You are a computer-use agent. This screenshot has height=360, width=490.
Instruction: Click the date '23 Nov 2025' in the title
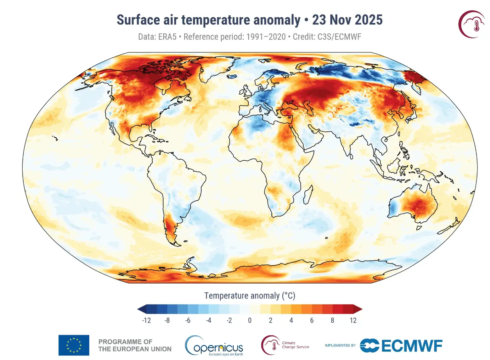pos(347,20)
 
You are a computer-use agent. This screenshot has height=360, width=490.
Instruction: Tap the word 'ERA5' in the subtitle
pos(167,37)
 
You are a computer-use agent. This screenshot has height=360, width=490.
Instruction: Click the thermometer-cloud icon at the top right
pos(471,24)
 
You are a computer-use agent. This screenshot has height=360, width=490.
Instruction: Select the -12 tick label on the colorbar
pos(146,320)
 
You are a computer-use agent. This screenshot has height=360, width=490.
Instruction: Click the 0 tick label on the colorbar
pos(250,320)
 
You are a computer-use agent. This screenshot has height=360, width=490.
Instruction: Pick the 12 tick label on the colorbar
pos(353,320)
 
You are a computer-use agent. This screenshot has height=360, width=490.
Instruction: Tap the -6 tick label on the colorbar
pos(188,320)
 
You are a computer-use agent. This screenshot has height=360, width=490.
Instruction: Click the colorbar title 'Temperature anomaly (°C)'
pos(250,296)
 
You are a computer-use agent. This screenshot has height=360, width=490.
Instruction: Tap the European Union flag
pos(74,345)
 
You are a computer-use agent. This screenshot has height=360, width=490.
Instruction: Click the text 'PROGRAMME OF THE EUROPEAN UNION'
pos(135,345)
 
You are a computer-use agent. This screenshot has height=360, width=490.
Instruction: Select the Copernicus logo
pos(214,346)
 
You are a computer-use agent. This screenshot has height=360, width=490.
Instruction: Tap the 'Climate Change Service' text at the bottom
pos(295,345)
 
